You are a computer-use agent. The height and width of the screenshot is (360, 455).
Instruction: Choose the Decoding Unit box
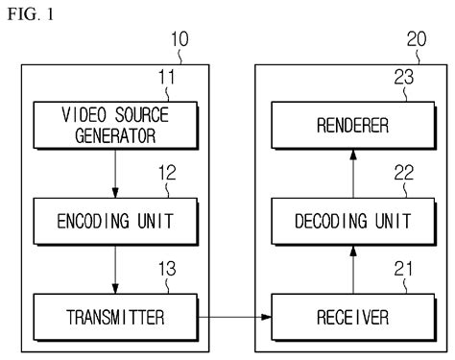point(343,219)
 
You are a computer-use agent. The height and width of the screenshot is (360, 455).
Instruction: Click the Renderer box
point(343,125)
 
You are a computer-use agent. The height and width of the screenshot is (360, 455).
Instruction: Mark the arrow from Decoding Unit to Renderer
point(343,172)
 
